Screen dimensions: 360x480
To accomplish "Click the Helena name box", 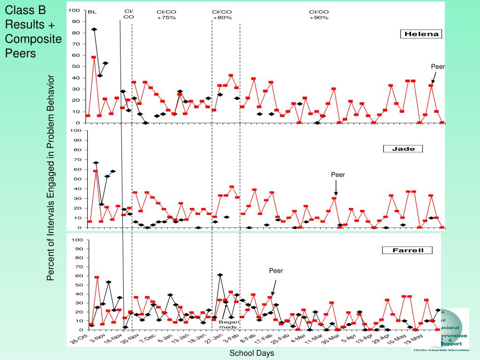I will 420,34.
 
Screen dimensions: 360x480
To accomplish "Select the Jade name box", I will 403,149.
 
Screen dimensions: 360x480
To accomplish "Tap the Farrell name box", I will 407,250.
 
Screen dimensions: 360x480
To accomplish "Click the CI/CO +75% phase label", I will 166,15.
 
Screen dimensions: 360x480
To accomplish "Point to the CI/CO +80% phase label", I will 222,15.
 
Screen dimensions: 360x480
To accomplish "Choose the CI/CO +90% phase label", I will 319,15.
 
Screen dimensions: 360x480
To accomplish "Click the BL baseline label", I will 92,12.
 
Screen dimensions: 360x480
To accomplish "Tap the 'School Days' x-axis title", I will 251,353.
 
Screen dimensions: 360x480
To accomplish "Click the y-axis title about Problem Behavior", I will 51,178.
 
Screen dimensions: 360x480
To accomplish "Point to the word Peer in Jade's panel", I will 338,175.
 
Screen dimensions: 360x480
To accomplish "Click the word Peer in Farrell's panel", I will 276,270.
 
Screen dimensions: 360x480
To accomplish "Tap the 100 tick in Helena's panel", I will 74,10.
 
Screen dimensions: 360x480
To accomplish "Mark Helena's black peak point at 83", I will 94,30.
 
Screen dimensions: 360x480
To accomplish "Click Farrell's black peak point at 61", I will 220,275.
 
